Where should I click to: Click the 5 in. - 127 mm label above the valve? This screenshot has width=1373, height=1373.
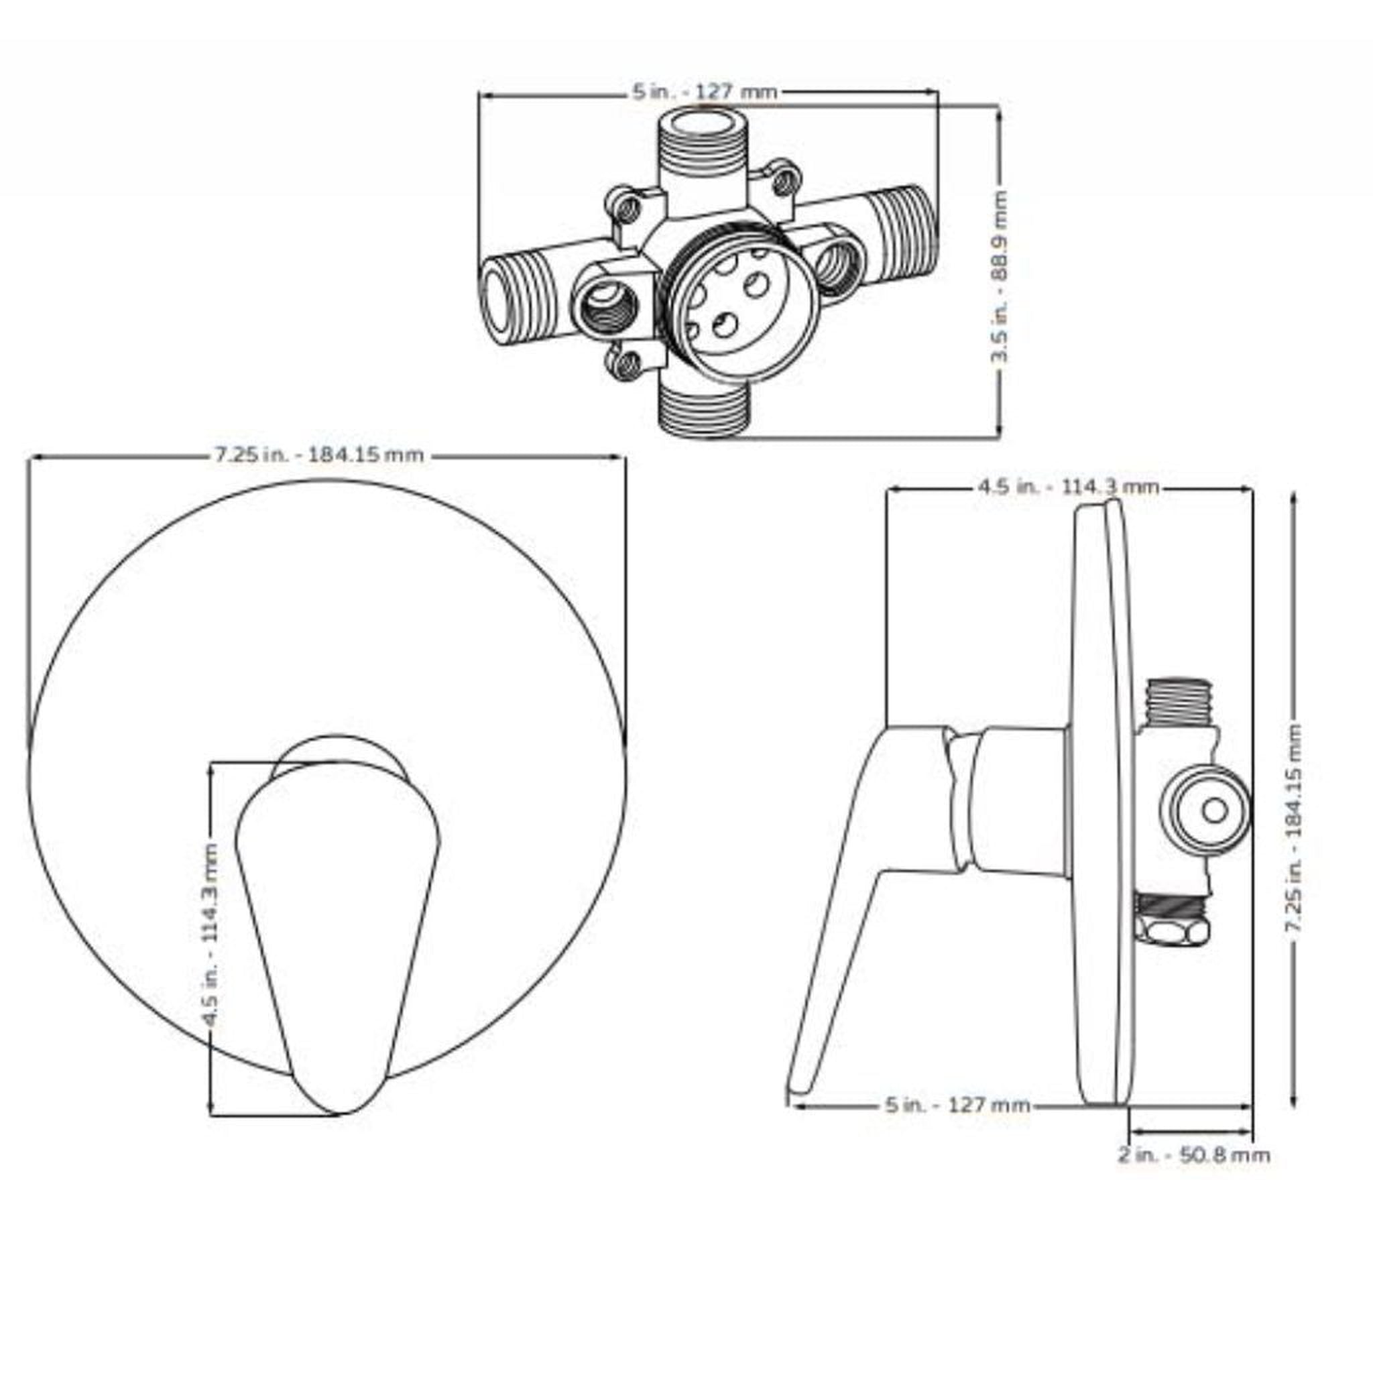click(705, 92)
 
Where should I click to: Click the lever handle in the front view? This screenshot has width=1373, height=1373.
click(336, 924)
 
